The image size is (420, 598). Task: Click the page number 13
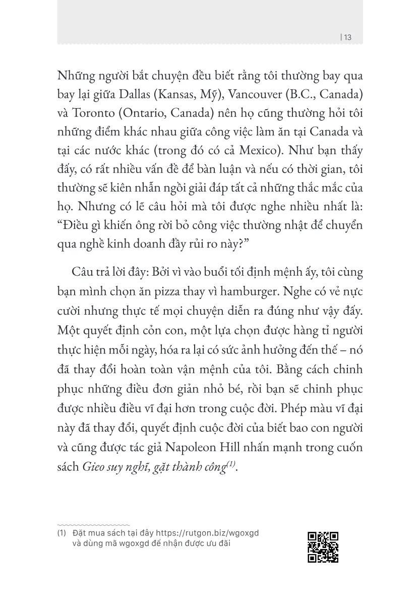point(348,36)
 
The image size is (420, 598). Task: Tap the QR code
point(323,547)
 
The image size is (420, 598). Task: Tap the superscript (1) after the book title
point(230,464)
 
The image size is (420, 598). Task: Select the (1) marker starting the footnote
point(62,533)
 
